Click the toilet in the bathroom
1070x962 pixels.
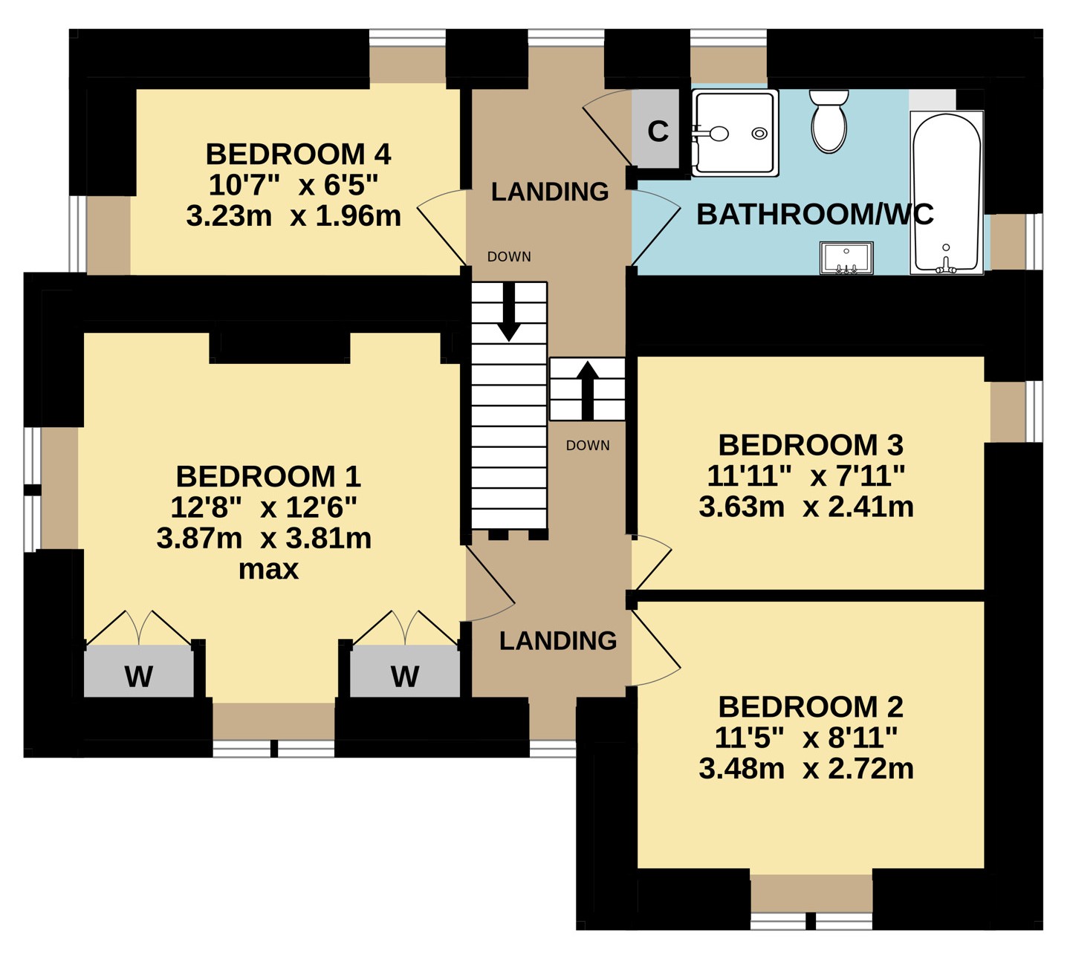[829, 122]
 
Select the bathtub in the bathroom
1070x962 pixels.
[946, 192]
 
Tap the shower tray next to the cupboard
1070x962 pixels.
[735, 133]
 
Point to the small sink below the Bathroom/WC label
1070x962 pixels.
[846, 258]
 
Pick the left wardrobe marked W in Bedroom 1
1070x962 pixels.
[139, 670]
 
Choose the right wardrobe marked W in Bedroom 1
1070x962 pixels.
[405, 670]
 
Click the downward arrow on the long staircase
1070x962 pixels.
[509, 311]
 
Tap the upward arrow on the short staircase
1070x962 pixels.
[587, 391]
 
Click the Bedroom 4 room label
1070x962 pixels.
[298, 155]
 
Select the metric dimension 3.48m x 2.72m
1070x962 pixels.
[806, 768]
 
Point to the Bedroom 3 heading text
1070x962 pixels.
[811, 445]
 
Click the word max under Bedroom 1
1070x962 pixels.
[268, 570]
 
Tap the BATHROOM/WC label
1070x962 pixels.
[815, 215]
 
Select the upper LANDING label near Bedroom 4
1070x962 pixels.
[549, 192]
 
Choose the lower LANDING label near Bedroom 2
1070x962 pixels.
[558, 640]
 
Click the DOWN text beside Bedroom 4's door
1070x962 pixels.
[509, 256]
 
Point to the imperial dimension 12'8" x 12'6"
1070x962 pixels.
[264, 507]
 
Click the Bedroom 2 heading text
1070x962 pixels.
[811, 707]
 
